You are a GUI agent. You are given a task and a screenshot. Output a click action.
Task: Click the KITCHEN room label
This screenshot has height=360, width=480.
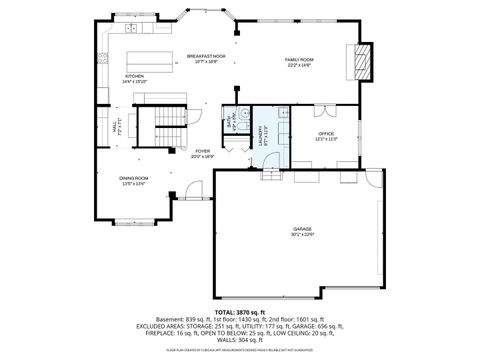click(134, 75)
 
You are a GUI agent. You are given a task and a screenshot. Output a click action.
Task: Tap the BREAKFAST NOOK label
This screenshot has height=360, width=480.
click(206, 56)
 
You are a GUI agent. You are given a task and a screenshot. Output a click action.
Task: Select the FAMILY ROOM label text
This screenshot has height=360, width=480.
click(300, 60)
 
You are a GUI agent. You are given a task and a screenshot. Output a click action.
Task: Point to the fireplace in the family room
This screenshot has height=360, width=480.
click(363, 62)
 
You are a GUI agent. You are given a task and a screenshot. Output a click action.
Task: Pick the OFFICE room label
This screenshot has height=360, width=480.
click(326, 133)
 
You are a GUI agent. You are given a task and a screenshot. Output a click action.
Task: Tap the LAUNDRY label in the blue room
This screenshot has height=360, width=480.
click(261, 131)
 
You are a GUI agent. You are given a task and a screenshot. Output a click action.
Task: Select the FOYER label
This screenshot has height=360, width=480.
click(203, 152)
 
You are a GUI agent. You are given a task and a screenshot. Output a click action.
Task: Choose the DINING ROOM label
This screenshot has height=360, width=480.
click(134, 178)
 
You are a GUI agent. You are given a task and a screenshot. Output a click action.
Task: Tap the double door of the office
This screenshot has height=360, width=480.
click(324, 107)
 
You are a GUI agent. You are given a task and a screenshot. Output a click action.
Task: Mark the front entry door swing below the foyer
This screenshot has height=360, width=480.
click(194, 189)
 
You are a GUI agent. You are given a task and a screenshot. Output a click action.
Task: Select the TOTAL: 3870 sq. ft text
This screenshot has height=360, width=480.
click(239, 313)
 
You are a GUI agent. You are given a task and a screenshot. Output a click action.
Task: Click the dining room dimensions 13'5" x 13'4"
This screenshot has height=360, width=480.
click(134, 184)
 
